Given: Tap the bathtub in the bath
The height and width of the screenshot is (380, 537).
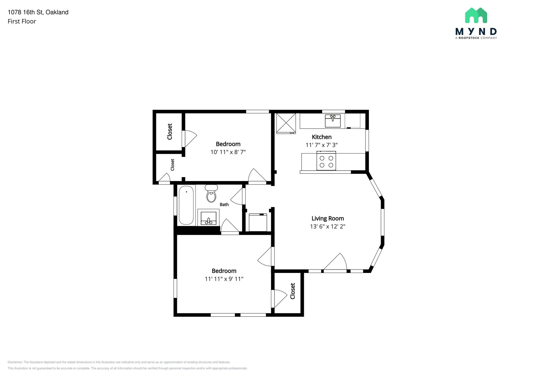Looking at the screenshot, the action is pyautogui.click(x=186, y=205).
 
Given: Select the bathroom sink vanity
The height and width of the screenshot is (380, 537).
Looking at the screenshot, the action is pyautogui.click(x=208, y=217).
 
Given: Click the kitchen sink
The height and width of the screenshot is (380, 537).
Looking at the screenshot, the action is pyautogui.click(x=333, y=121).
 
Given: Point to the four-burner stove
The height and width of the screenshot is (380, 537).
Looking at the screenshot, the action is pyautogui.click(x=326, y=161).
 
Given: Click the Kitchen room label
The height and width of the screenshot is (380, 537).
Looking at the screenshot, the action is pyautogui.click(x=322, y=137).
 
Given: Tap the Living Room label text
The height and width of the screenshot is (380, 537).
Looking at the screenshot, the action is pyautogui.click(x=328, y=218).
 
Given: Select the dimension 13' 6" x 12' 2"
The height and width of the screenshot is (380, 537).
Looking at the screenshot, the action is pyautogui.click(x=328, y=226).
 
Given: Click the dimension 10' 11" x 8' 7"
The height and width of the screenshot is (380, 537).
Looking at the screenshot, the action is pyautogui.click(x=228, y=152).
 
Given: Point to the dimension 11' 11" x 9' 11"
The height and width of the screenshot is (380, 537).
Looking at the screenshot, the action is pyautogui.click(x=224, y=279).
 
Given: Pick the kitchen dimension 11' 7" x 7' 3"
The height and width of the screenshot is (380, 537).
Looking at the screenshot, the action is pyautogui.click(x=322, y=145).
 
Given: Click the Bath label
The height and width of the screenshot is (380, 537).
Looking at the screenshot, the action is pyautogui.click(x=224, y=204).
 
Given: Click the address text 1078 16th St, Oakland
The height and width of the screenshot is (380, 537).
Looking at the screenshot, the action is pyautogui.click(x=38, y=12).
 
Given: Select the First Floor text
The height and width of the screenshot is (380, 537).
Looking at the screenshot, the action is pyautogui.click(x=22, y=22).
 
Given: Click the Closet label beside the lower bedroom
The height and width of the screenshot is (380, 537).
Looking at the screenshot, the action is pyautogui.click(x=293, y=291).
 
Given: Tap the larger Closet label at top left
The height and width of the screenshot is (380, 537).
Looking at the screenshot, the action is pyautogui.click(x=170, y=132).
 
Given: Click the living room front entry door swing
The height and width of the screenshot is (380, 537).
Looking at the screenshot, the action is pyautogui.click(x=335, y=262).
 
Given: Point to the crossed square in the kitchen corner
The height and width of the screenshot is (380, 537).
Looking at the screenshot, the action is pyautogui.click(x=286, y=123).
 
